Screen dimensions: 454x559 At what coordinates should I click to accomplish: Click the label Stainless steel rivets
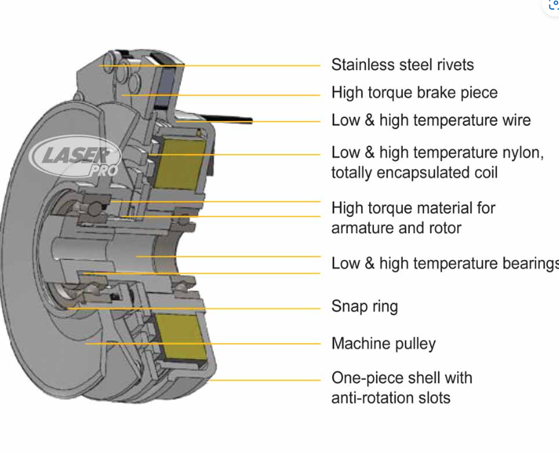click(402, 65)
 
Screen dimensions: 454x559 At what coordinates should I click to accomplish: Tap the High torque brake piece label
click(414, 92)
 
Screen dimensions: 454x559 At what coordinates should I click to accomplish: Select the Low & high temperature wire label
click(430, 120)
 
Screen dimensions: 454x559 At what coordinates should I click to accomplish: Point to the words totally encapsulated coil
click(414, 172)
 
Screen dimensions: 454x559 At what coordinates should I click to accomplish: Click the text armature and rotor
click(396, 228)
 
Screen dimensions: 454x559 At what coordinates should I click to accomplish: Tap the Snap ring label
click(364, 306)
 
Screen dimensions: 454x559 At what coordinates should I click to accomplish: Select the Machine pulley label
click(383, 343)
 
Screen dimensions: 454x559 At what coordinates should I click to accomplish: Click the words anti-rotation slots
click(391, 397)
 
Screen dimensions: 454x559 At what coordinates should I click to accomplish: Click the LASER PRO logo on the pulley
click(76, 159)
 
